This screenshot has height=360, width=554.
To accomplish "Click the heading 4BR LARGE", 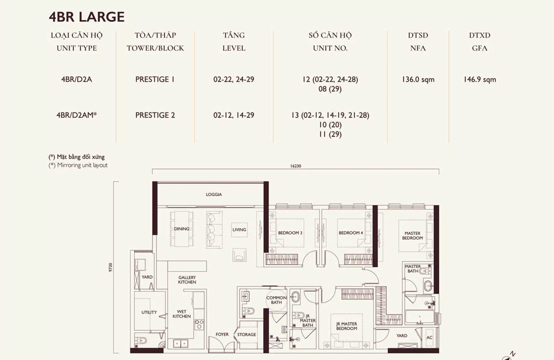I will click(87, 16).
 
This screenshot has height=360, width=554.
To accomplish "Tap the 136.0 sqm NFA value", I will click(418, 80).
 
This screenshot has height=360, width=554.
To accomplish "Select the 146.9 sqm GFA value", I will click(478, 80).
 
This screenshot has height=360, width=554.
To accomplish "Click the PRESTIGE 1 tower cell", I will click(155, 80).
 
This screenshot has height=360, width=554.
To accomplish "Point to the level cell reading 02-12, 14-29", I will click(234, 115).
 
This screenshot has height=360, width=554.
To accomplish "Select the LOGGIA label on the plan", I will click(214, 195).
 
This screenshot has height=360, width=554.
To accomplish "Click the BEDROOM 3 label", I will click(290, 233).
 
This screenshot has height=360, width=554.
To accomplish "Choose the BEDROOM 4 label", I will click(350, 233).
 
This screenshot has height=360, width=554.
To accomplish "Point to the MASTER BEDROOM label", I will click(413, 235).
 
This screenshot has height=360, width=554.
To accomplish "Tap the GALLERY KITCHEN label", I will click(187, 280).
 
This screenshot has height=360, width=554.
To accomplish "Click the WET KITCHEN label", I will click(182, 314).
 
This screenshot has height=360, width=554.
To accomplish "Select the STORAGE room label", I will click(246, 335).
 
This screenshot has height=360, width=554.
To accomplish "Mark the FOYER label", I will click(222, 335).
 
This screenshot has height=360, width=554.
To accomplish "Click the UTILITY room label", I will click(149, 312).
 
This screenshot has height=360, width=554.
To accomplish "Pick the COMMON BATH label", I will click(276, 300).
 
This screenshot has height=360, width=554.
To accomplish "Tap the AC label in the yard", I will click(429, 337).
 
